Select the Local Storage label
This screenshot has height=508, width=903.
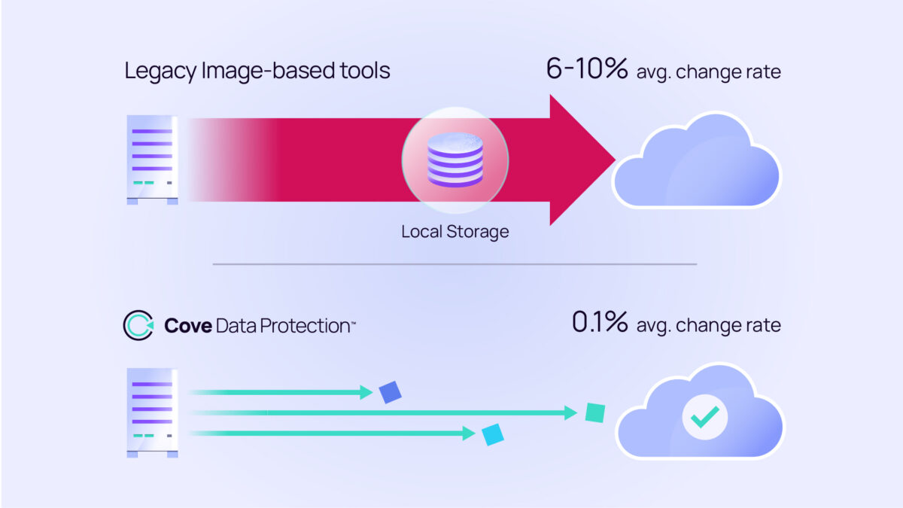[455, 232]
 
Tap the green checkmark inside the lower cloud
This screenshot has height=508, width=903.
[704, 416]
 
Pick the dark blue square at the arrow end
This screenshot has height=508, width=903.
[391, 392]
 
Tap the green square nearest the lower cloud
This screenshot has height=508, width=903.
[595, 412]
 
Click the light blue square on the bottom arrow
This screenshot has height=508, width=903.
[493, 434]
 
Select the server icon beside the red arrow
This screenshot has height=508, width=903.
[153, 160]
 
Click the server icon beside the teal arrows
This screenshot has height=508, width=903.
[153, 412]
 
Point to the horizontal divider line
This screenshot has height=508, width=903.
[455, 264]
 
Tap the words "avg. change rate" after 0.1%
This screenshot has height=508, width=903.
[708, 325]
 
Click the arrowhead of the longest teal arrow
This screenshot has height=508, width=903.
[571, 412]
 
